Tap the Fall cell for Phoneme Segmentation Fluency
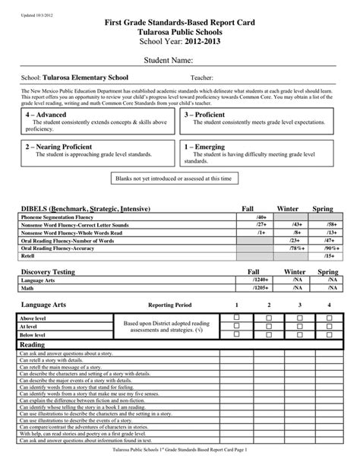[251, 217]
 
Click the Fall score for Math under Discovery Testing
[250, 287]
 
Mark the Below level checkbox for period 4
[329, 334]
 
